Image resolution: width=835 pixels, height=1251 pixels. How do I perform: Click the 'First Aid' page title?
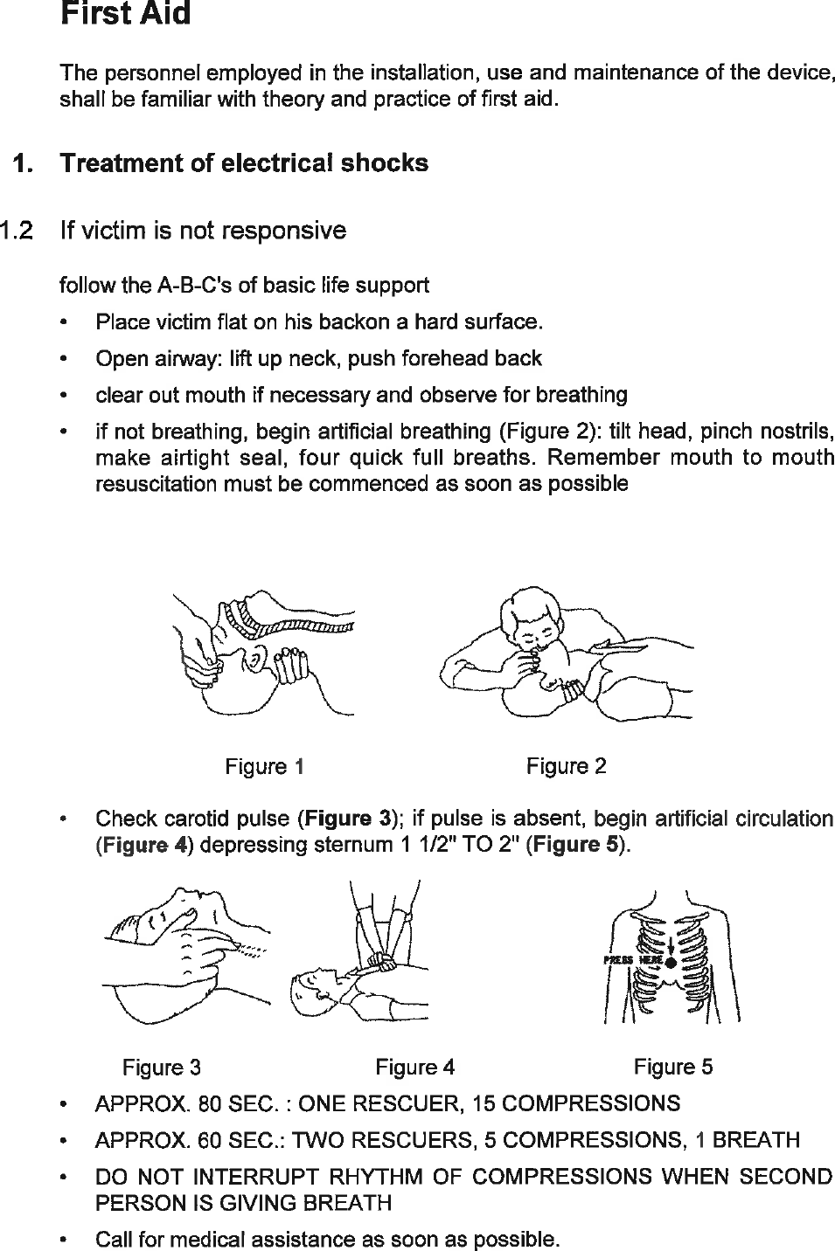125,15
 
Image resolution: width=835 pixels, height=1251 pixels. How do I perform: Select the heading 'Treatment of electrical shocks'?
244,163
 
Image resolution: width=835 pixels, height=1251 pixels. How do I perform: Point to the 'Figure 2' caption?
566,766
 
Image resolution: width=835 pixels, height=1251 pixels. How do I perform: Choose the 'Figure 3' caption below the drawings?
162,1067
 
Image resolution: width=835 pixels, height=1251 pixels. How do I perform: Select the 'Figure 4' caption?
414,1067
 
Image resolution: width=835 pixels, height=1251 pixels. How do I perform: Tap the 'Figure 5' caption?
672,1067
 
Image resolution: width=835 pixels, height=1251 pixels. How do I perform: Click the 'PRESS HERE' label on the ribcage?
634,960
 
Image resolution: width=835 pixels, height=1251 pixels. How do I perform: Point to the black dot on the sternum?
671,963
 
